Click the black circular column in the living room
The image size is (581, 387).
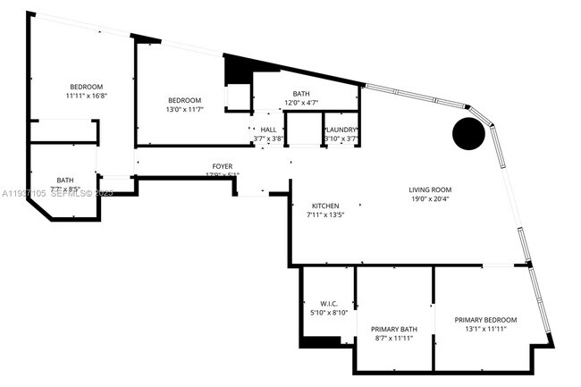click(x=468, y=135)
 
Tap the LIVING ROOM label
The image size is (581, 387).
click(x=430, y=189)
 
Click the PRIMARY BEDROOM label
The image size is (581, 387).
click(x=485, y=320)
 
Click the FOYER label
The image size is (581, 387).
click(x=223, y=166)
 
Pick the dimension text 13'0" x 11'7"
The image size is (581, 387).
click(x=184, y=109)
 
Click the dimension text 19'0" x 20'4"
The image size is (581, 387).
click(x=430, y=199)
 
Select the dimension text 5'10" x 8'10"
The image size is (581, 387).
click(x=327, y=312)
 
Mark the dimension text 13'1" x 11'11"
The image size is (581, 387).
click(x=485, y=329)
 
